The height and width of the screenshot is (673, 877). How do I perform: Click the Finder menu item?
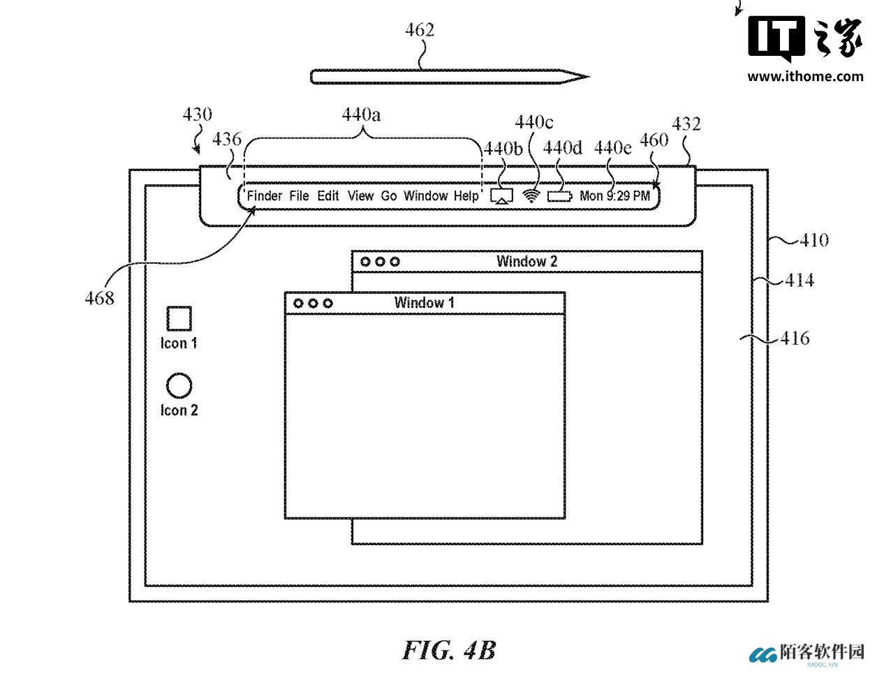coord(265,196)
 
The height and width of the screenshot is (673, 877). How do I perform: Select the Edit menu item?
coord(328,196)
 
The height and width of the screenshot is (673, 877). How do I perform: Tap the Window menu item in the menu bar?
coord(425,196)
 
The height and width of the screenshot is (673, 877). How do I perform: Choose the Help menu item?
coord(466,196)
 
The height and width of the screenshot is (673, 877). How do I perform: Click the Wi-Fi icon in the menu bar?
coord(532,196)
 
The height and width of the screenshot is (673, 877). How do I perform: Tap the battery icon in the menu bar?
coord(559,197)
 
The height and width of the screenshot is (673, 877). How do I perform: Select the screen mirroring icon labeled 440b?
coord(502,196)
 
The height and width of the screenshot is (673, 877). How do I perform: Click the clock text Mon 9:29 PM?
coord(614,196)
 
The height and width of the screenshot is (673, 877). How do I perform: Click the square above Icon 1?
coord(179,318)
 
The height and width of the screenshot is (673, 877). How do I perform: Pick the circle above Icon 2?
coord(179,385)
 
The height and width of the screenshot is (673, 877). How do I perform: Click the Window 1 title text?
coord(424,303)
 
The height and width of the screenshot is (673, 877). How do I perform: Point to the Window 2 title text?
coord(526,262)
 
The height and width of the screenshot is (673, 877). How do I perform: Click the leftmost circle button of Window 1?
coord(299,304)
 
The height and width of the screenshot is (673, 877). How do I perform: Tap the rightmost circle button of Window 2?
coord(395,262)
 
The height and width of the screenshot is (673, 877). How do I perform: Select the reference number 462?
coord(420,30)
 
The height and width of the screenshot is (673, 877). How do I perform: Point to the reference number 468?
coord(99,298)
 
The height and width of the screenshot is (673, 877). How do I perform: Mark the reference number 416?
coord(795,339)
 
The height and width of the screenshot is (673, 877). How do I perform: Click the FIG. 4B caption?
coord(449,651)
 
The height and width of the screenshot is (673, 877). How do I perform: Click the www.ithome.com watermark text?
coord(805,76)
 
